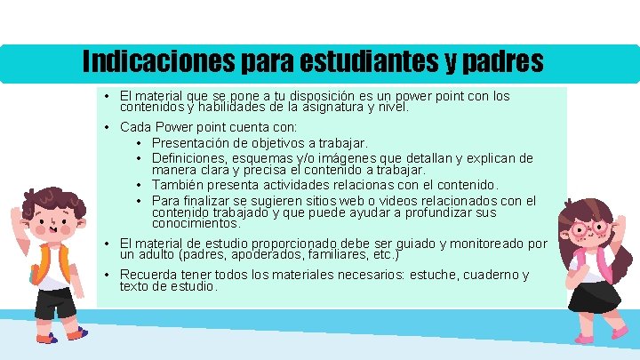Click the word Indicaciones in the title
pyautogui.click(x=156, y=61)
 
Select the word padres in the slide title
pyautogui.click(x=502, y=61)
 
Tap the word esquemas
pyautogui.click(x=266, y=158)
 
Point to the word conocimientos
pyautogui.click(x=193, y=223)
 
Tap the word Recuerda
pyautogui.click(x=148, y=275)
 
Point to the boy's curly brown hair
pyautogui.click(x=44, y=199)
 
